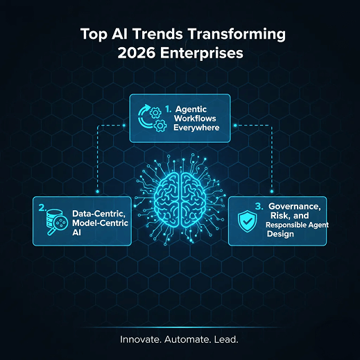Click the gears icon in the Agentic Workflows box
[x=151, y=119]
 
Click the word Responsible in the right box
[x=282, y=225]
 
